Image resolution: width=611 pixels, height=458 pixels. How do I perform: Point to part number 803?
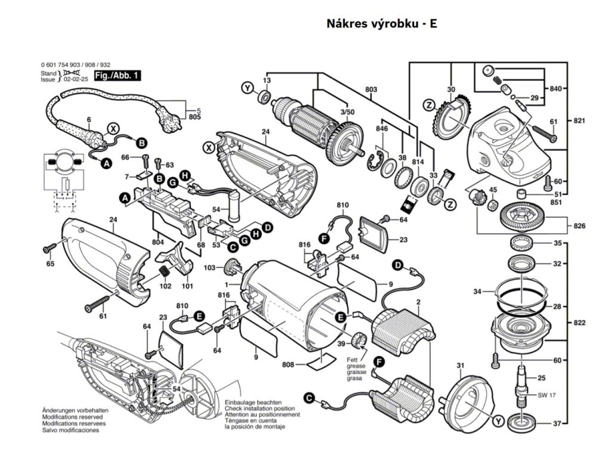coord(371,90)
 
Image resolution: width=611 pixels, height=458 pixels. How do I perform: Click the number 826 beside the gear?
coord(579,227)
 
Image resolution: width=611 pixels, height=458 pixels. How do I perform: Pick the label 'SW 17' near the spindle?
coord(547,395)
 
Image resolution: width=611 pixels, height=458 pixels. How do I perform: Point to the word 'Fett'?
coord(353,360)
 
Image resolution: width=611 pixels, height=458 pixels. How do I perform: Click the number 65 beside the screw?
coord(50,264)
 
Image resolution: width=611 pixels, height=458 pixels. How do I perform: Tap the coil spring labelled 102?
coord(163,274)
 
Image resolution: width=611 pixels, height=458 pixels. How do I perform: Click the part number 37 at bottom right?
coord(558,424)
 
